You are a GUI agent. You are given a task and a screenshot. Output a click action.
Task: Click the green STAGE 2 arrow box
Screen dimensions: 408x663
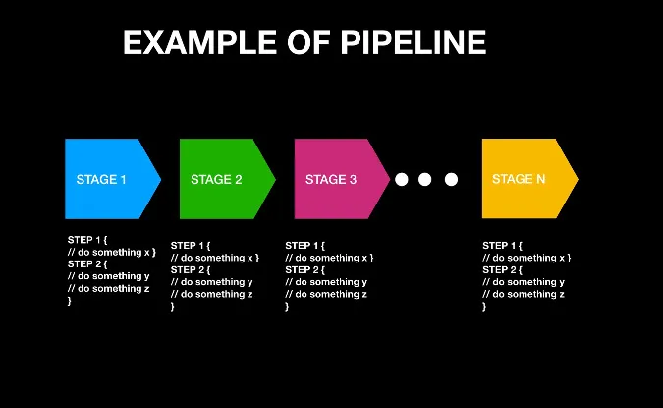222,179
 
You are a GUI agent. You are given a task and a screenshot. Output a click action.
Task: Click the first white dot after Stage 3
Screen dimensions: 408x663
401,179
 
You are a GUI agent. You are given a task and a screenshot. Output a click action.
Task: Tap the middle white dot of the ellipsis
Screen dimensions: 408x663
425,179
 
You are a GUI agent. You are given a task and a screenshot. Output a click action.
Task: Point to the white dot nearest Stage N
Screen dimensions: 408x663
451,179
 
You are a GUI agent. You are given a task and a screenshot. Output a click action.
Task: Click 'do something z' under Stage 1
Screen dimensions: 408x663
108,289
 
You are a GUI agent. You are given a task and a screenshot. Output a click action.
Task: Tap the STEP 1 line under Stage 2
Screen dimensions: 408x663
190,246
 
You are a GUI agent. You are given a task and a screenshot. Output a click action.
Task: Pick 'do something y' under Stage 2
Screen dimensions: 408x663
211,282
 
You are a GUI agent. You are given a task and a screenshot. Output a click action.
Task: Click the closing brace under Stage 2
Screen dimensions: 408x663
173,307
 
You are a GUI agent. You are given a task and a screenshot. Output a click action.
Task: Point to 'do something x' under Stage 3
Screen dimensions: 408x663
329,258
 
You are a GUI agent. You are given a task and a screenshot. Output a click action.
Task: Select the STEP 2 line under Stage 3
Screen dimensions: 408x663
304,270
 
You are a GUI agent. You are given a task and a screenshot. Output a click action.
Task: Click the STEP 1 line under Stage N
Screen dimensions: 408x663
502,246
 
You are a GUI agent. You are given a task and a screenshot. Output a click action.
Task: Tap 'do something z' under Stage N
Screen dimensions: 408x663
524,295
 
